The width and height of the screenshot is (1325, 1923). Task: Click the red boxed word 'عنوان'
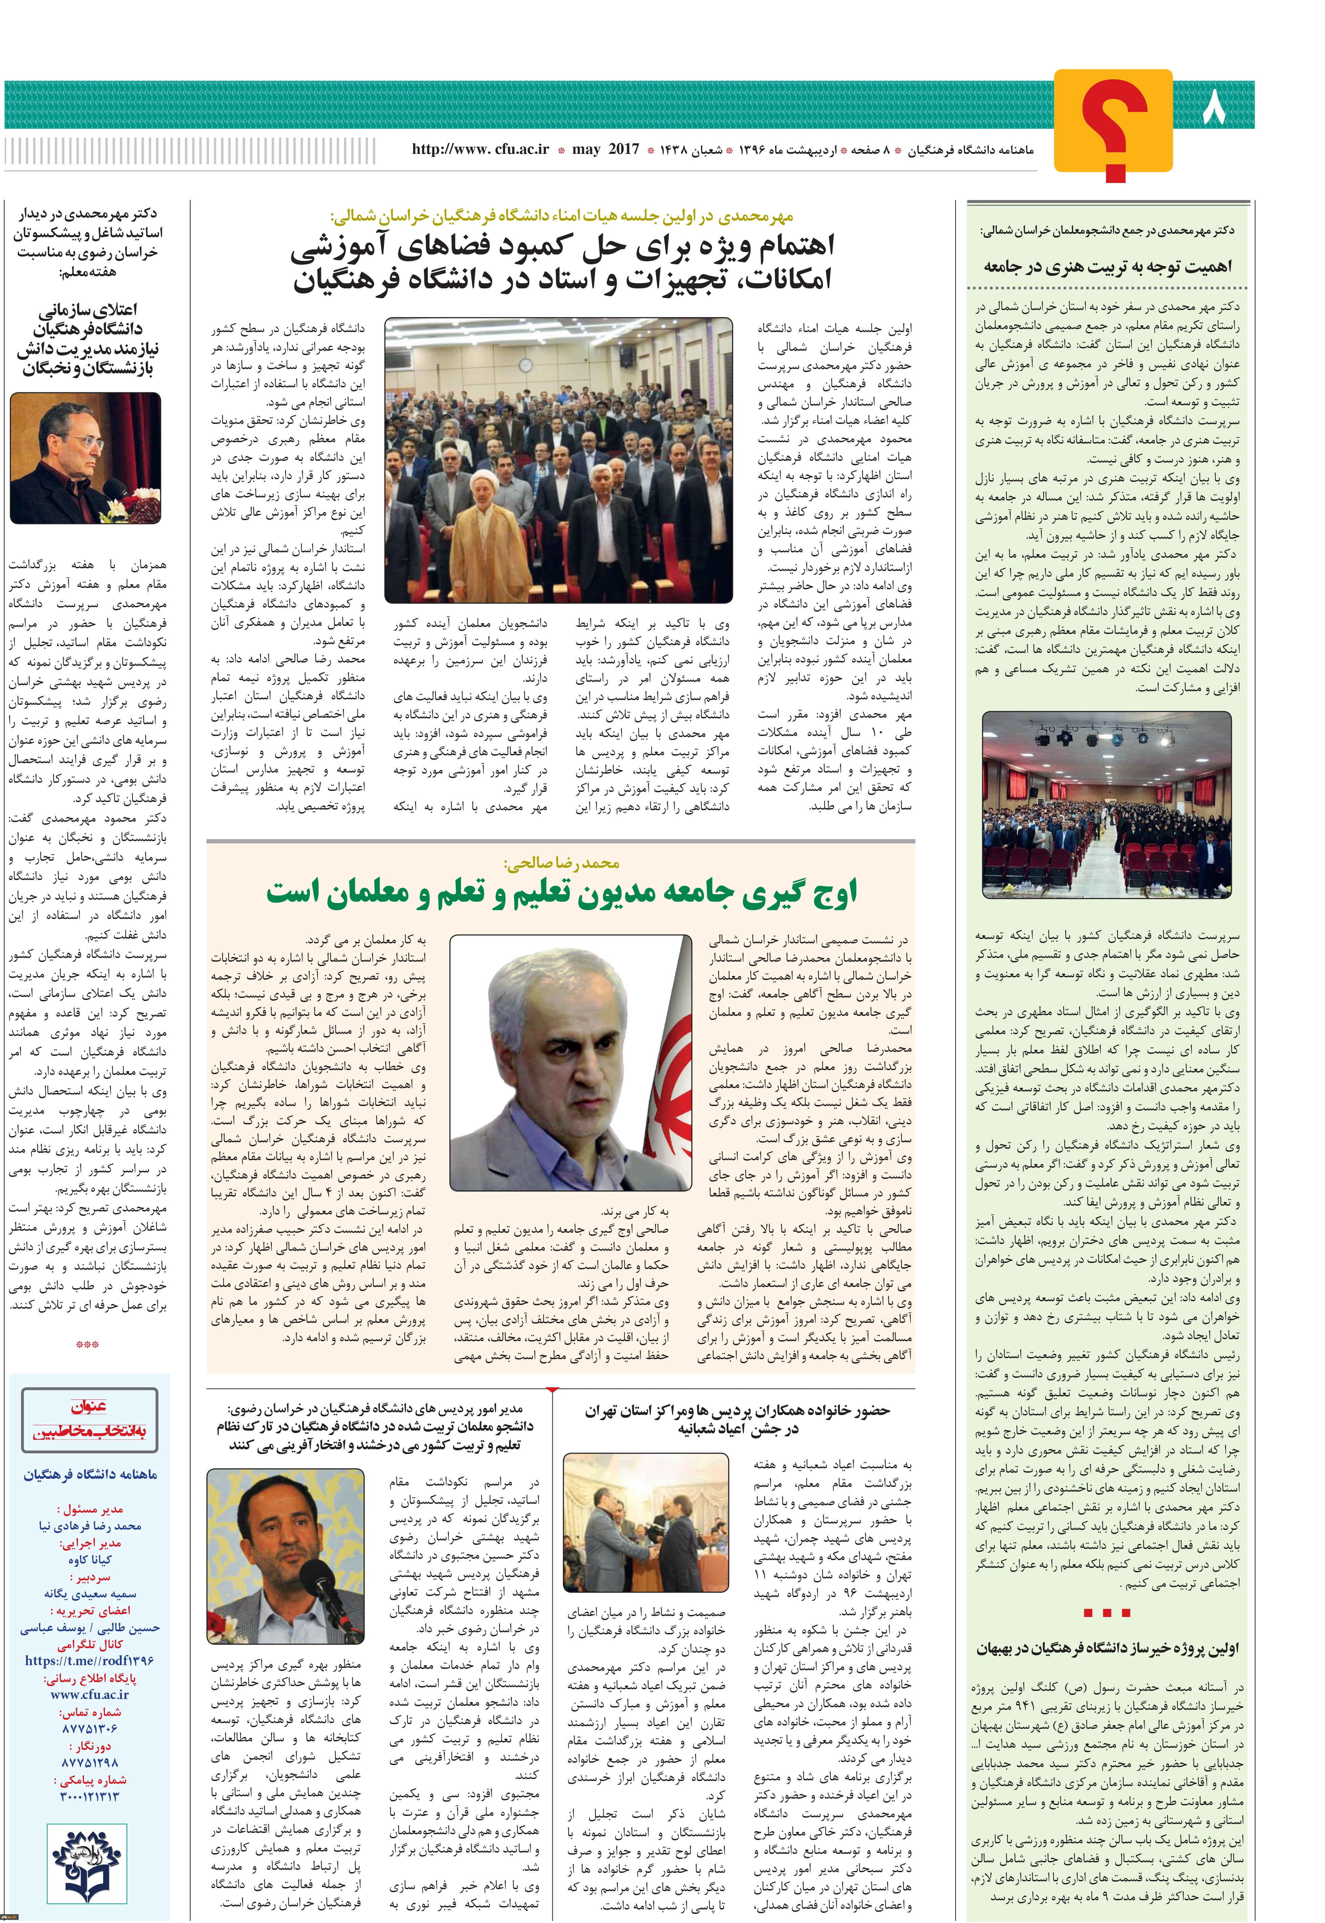click(89, 1407)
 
